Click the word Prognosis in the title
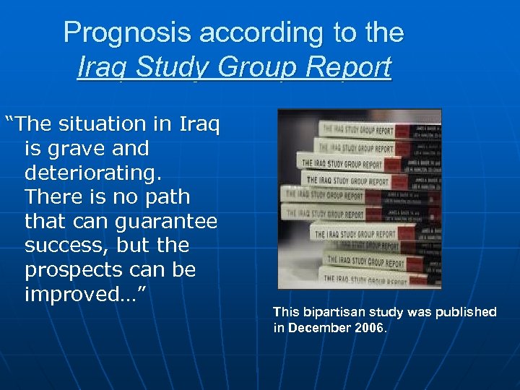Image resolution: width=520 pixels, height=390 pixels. point(127,32)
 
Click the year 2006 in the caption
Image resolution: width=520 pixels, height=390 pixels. point(370,328)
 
